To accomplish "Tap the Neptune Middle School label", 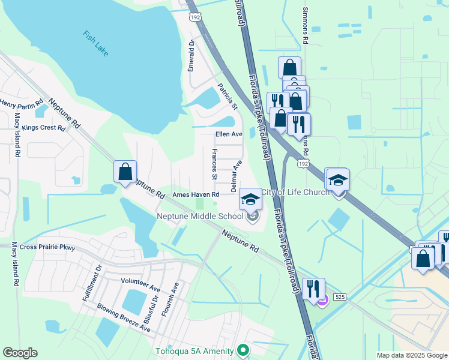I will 200,216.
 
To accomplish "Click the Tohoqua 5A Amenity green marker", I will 243,349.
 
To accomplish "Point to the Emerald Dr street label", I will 191,55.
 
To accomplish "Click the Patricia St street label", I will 228,96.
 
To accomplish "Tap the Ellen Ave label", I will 229,134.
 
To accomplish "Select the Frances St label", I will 214,164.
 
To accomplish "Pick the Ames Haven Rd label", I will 196,194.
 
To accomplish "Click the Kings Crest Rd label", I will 43,128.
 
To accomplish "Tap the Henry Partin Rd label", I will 22,106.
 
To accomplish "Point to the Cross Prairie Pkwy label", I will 47,247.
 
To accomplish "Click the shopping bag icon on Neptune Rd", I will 125,172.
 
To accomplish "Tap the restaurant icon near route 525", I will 313,289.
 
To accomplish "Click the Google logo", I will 20,353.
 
